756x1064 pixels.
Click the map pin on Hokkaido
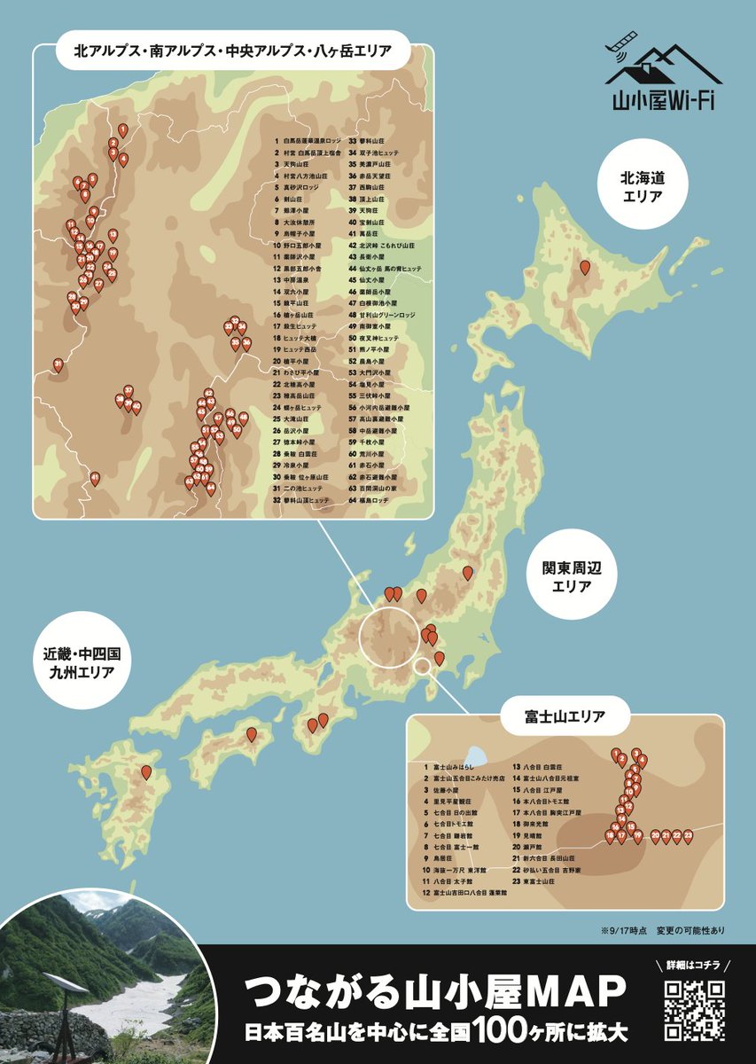point(585,267)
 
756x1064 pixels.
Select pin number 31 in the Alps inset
point(58,364)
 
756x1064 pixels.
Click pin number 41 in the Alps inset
point(95,479)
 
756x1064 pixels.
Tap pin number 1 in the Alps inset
point(122,130)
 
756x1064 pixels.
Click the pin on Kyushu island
point(146,773)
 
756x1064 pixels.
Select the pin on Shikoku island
point(252,734)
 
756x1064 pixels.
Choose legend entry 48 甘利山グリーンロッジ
point(381,315)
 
